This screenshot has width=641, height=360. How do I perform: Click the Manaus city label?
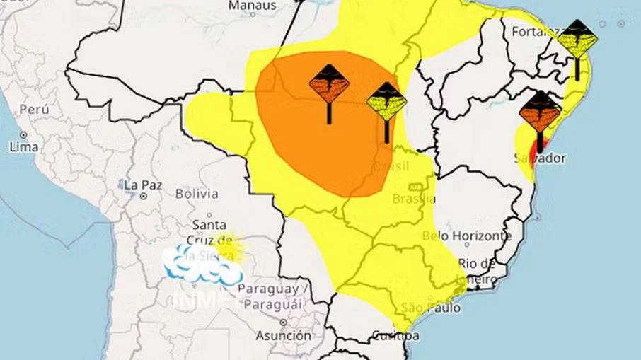[253, 6]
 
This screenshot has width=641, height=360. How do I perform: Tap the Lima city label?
[23, 146]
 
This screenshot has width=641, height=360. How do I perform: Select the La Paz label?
[143, 185]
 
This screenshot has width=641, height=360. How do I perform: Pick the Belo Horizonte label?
[466, 236]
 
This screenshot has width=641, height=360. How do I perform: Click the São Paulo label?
[430, 308]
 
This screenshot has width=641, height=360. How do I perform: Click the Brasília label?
[414, 199]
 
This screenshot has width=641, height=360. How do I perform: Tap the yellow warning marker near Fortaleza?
[577, 40]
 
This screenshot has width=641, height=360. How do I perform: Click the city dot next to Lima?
[23, 134]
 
